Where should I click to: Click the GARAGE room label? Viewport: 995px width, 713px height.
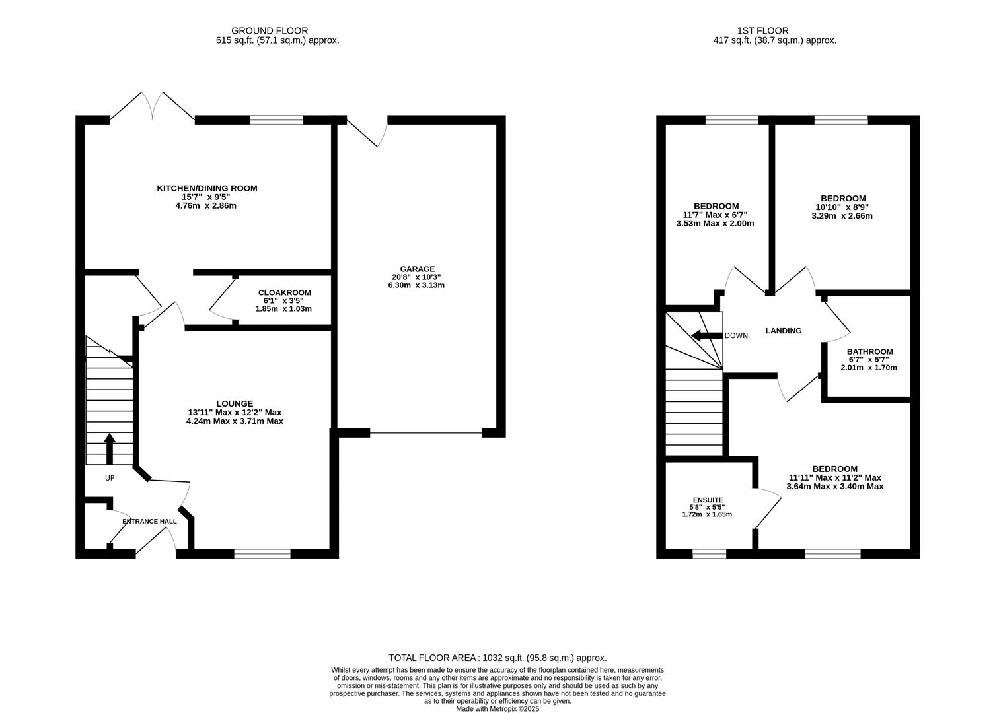point(416,269)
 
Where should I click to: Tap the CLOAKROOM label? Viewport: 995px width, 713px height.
point(284,292)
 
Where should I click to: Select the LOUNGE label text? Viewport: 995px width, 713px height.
point(235,403)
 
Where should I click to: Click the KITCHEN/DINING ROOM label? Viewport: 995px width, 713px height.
point(207,188)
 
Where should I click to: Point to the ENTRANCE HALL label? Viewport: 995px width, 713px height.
point(149,521)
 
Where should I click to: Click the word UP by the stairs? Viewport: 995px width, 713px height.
point(110,477)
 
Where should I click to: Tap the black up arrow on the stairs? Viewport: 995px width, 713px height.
point(110,448)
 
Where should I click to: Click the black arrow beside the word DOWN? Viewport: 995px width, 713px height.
point(706,335)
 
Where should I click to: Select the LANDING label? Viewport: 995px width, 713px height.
point(783,331)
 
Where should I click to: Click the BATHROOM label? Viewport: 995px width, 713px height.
point(869,352)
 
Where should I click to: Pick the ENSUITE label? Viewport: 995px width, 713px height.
point(708,500)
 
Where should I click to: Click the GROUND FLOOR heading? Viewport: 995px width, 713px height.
point(270,30)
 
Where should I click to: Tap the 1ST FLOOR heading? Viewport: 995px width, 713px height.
point(762,30)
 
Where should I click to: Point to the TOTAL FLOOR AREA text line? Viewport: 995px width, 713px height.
point(497,658)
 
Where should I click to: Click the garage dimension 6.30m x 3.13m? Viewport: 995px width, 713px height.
point(416,285)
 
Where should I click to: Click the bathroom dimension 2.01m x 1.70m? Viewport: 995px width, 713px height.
point(869,368)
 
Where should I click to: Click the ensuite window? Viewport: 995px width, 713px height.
point(709,553)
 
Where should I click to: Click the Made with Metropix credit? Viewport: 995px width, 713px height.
point(497,709)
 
